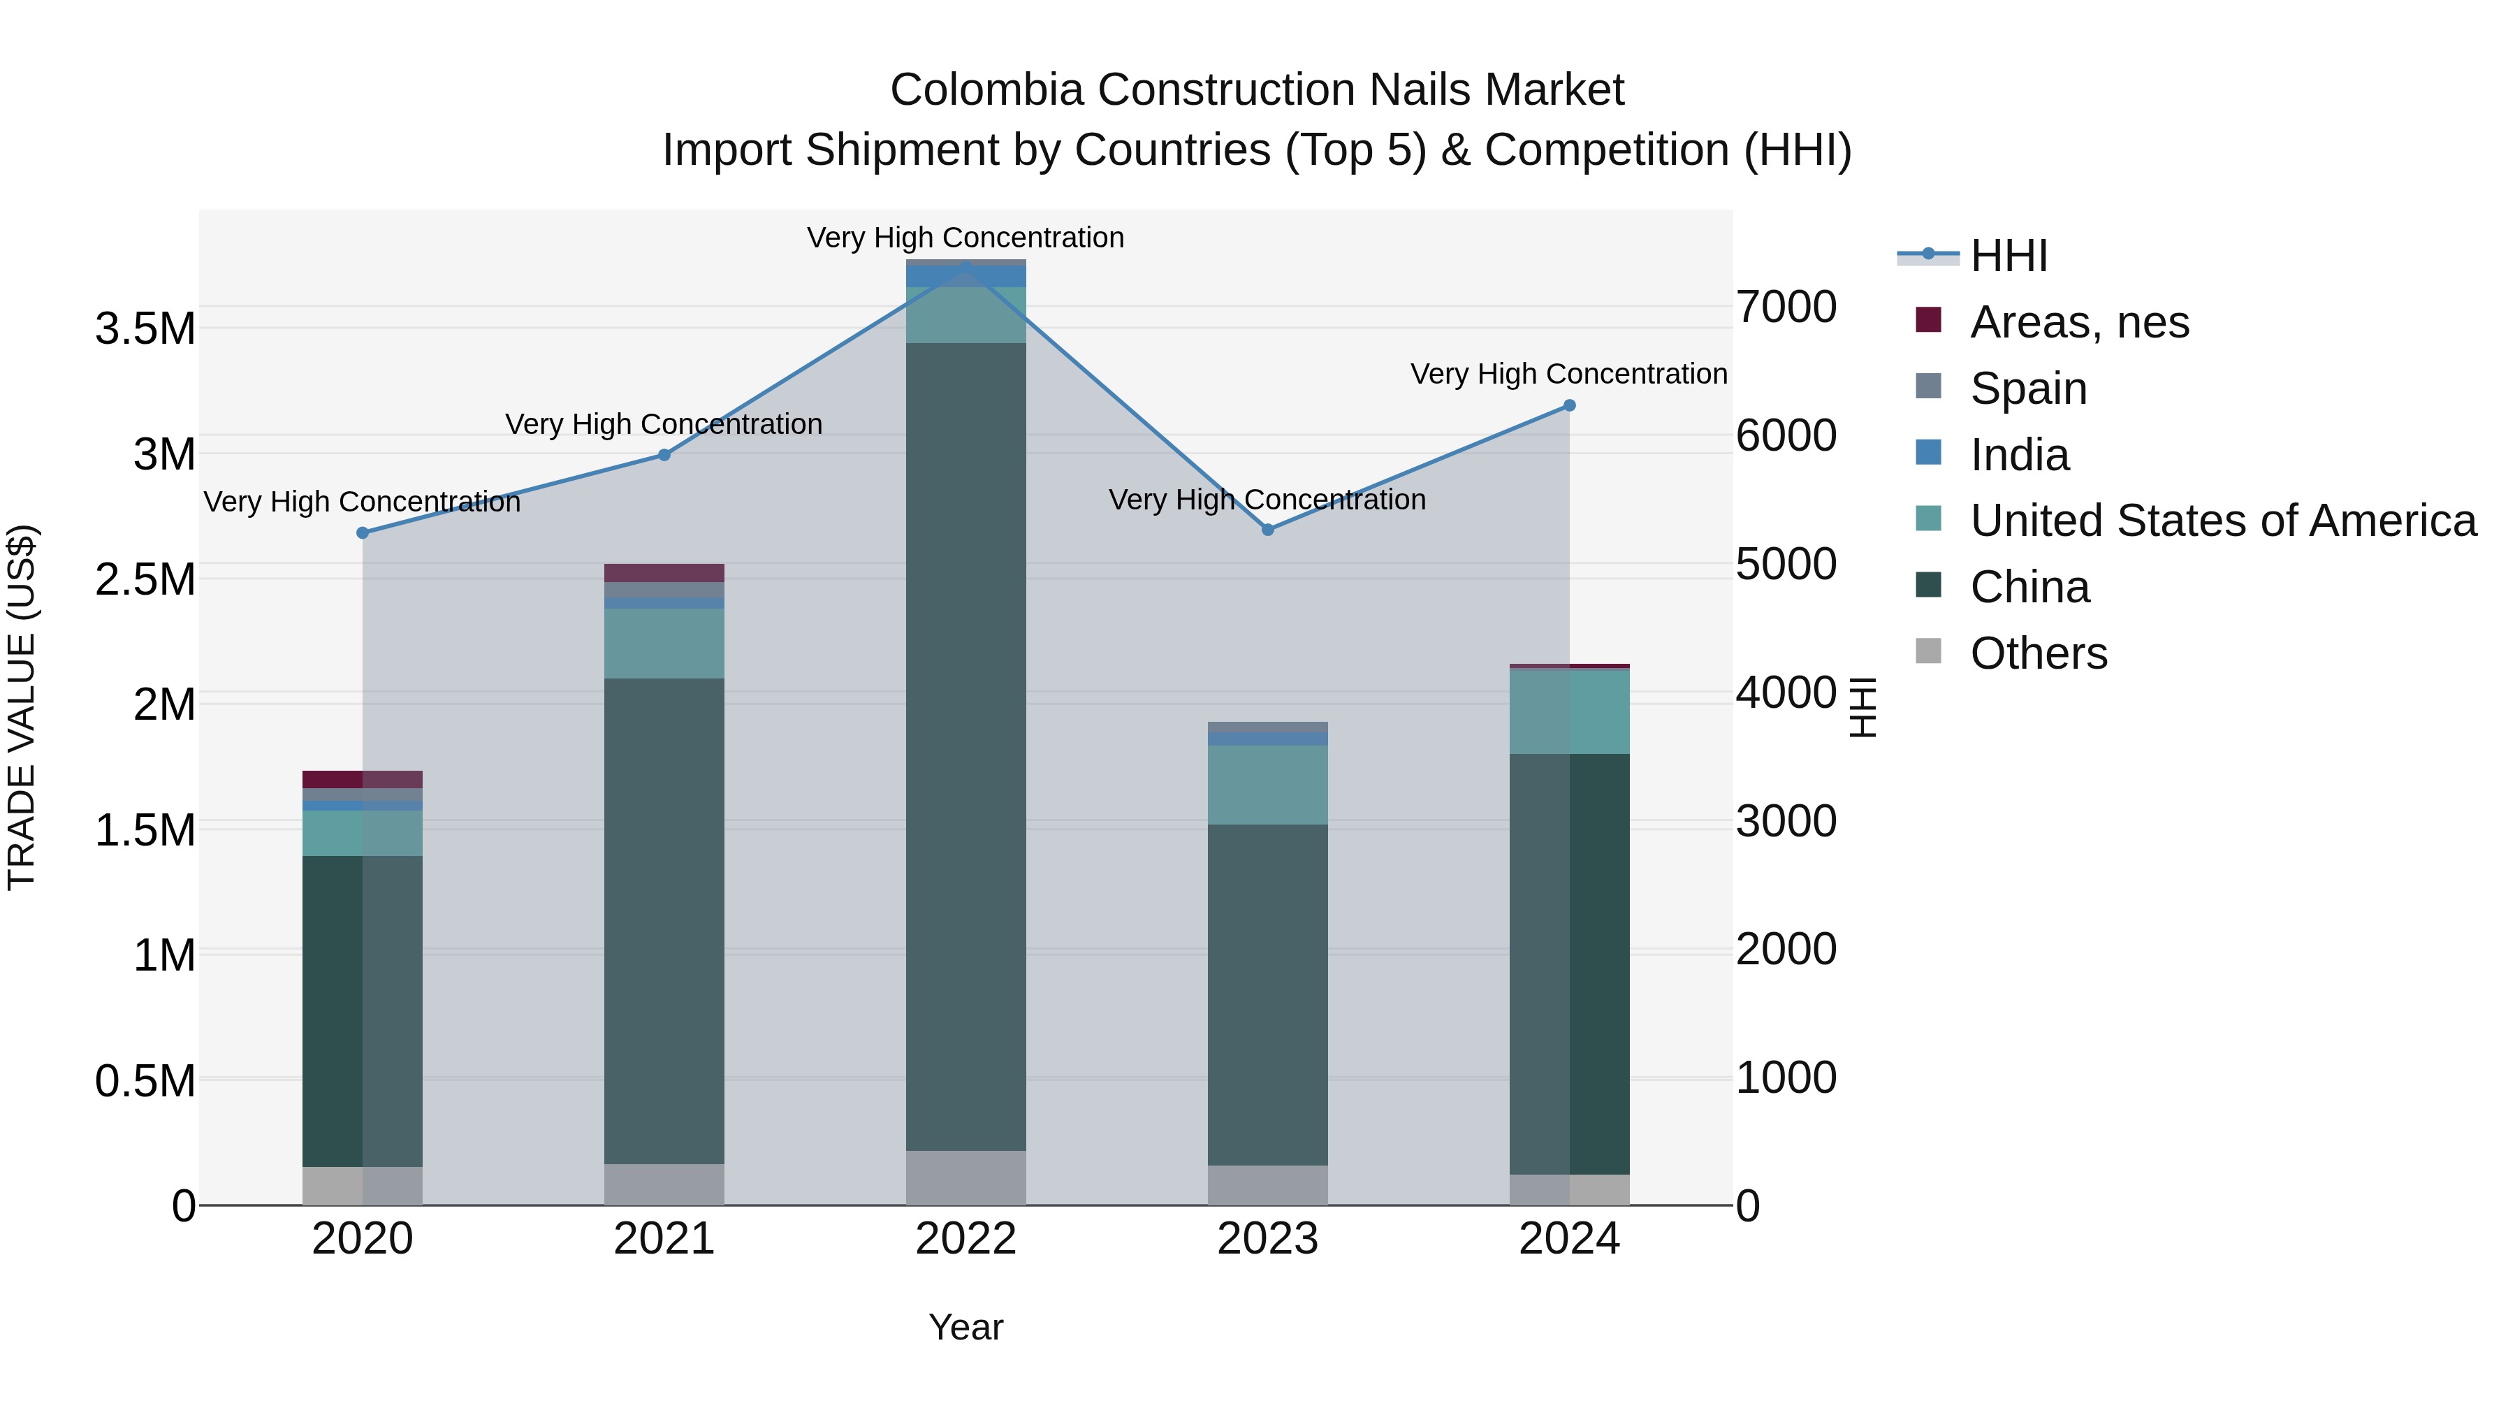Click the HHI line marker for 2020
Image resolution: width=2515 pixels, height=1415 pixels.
click(x=362, y=533)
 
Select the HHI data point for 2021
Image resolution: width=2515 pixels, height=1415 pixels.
click(x=664, y=455)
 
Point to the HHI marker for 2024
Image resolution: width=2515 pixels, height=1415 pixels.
click(x=1569, y=405)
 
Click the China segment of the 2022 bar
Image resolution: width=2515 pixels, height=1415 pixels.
click(x=965, y=747)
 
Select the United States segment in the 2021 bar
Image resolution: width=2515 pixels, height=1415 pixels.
click(x=664, y=644)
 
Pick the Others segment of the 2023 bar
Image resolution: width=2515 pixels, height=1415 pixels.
click(x=1267, y=1184)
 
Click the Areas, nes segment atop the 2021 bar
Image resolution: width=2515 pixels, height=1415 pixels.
click(x=664, y=573)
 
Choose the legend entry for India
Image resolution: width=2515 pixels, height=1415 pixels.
click(x=2018, y=455)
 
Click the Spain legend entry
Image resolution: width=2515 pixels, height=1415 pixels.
click(x=2028, y=389)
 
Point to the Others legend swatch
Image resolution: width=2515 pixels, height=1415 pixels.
click(x=1928, y=651)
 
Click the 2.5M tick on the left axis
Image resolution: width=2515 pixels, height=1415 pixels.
click(x=145, y=580)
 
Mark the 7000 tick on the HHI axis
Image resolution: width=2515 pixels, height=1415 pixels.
click(x=1786, y=307)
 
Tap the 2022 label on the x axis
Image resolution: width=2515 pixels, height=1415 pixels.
click(x=965, y=1239)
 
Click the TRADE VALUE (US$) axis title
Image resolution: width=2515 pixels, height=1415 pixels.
click(x=22, y=707)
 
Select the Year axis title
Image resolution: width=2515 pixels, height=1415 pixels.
click(x=965, y=1327)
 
